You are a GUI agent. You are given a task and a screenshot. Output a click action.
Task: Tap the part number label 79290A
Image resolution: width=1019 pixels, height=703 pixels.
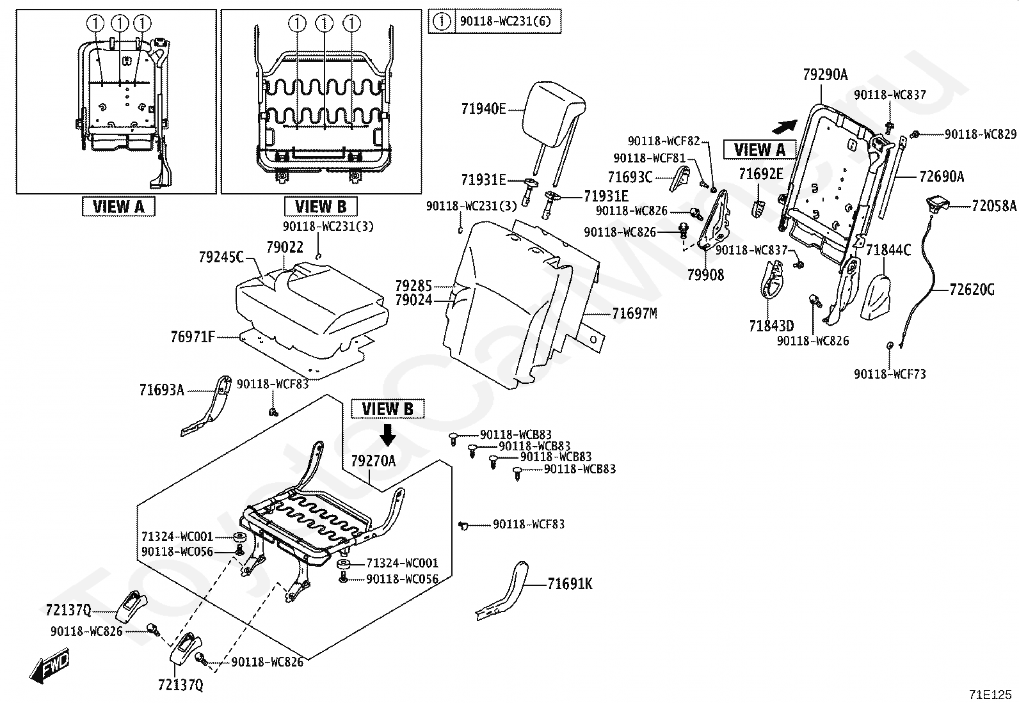(825, 75)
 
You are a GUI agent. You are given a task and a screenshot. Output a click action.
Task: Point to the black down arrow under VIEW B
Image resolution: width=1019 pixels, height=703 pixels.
(388, 434)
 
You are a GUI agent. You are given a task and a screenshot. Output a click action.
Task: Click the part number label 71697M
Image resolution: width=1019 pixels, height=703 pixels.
(634, 313)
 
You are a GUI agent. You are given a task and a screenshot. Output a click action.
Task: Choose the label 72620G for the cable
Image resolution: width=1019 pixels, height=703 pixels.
(972, 290)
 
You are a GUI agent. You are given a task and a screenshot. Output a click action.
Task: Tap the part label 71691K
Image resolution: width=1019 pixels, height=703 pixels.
(570, 584)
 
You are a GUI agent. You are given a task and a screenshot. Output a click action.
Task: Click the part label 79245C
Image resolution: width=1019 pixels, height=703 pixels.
(221, 257)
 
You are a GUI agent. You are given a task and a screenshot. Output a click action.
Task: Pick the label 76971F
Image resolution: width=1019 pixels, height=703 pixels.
(193, 336)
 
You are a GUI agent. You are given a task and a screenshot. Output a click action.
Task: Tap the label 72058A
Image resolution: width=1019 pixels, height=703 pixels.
(993, 206)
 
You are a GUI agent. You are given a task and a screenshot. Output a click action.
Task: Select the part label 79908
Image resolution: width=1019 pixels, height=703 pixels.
(705, 274)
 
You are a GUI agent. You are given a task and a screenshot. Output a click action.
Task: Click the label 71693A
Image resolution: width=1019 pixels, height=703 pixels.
(161, 390)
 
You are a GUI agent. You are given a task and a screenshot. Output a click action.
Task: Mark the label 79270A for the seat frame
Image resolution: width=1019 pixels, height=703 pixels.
(373, 461)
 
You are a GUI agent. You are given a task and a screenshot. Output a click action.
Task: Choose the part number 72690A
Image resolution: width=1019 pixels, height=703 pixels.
(941, 177)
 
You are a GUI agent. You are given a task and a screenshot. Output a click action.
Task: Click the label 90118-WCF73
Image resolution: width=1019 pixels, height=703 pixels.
(890, 374)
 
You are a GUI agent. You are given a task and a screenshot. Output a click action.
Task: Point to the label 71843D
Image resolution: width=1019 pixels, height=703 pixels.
(771, 326)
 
